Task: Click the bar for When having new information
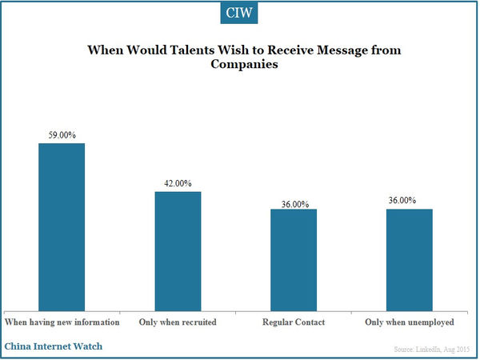(62, 227)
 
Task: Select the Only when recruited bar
(178, 251)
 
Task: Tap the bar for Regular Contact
(294, 260)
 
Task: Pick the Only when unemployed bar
(410, 260)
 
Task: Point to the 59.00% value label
(62, 135)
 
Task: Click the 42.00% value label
(178, 183)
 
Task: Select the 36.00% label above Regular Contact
(294, 203)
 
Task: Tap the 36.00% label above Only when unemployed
(410, 200)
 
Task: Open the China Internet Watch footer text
(54, 346)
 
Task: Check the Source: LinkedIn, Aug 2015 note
(432, 351)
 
